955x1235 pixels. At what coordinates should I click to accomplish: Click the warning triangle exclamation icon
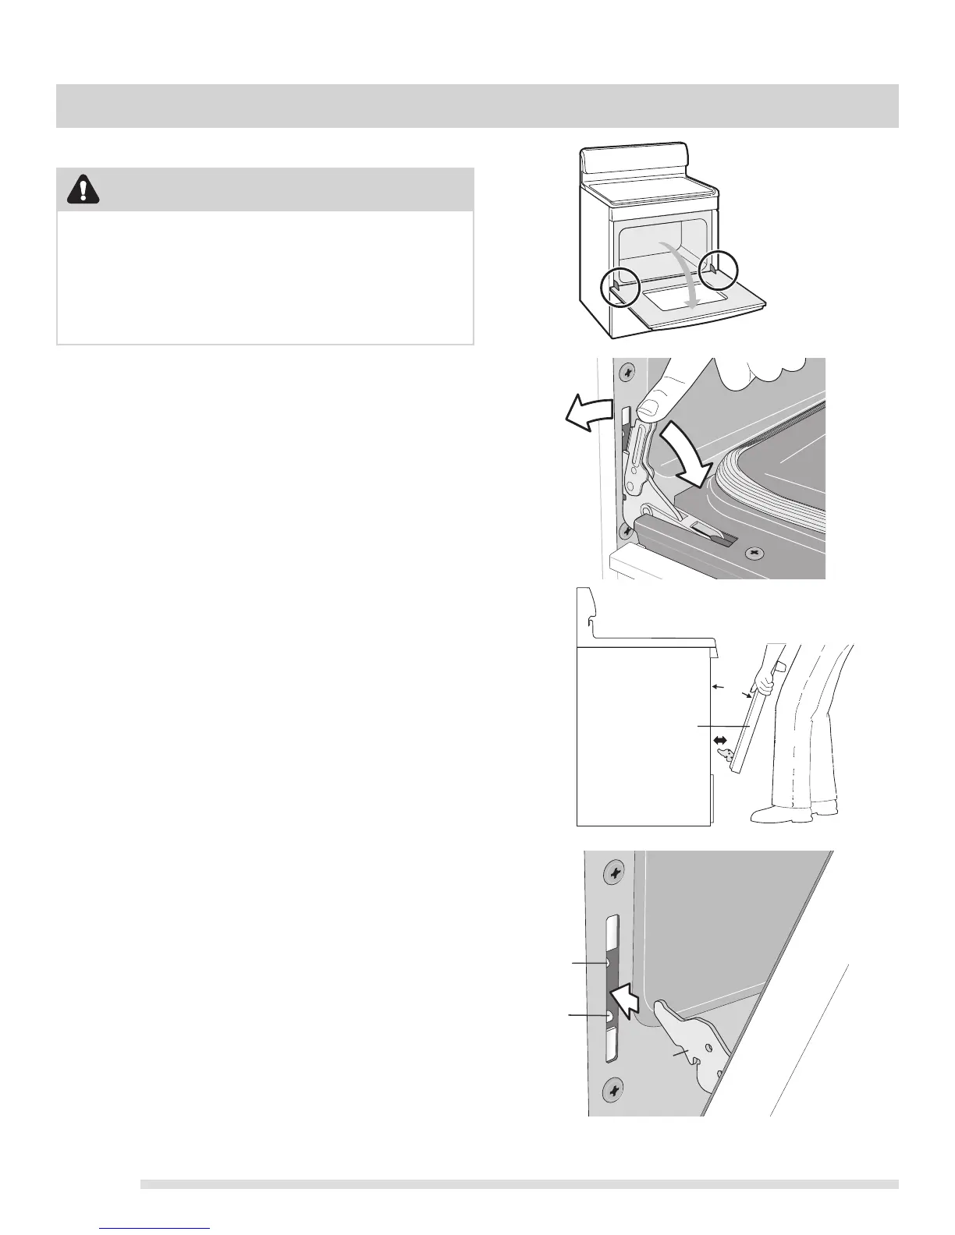(x=83, y=189)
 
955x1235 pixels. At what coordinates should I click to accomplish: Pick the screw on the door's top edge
(x=753, y=553)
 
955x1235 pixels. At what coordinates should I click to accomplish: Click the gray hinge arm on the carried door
(x=725, y=753)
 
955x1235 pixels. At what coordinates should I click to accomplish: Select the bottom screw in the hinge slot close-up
(x=615, y=1087)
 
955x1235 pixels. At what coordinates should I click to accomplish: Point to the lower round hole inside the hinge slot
(x=609, y=1016)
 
